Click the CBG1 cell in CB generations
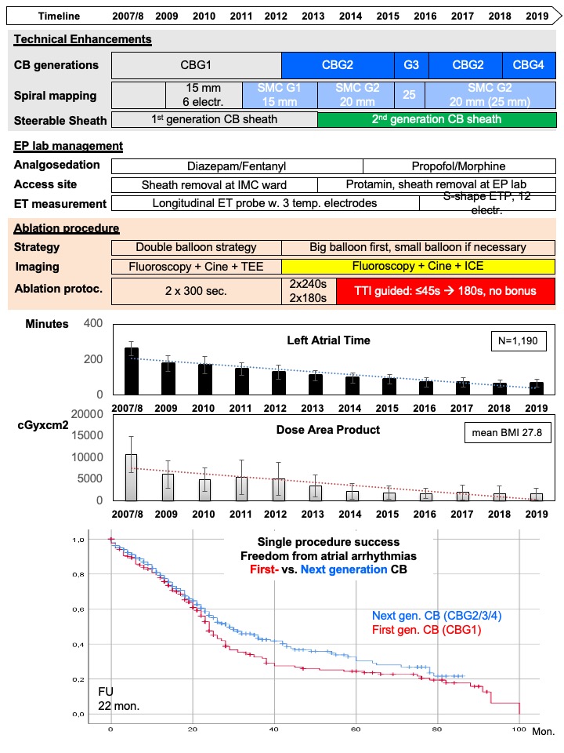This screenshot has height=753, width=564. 196,65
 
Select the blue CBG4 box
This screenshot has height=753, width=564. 529,65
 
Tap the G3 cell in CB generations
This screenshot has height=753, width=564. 411,65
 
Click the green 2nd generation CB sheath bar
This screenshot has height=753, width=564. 436,119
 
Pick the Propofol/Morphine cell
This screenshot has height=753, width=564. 459,166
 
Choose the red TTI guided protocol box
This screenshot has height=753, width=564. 446,291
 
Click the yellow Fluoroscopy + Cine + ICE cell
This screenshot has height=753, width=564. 418,266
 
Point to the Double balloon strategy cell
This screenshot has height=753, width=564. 196,247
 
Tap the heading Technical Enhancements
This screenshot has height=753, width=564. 82,39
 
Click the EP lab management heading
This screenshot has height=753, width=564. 68,146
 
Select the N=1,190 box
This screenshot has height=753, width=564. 518,341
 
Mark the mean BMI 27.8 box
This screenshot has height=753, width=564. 507,433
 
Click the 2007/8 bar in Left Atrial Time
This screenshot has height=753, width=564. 132,371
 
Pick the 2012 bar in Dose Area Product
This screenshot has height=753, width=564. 279,489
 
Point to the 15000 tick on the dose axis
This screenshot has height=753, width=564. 87,435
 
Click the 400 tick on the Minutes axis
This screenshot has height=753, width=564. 93,323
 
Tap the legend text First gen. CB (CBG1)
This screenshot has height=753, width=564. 427,630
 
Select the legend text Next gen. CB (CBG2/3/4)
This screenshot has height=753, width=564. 437,616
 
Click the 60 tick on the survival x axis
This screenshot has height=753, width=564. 356,729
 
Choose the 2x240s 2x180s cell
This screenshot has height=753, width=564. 309,291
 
